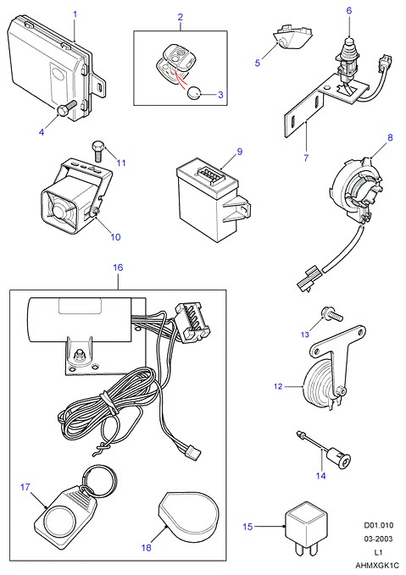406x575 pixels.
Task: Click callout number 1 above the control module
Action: point(75,14)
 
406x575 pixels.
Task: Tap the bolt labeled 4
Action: point(66,108)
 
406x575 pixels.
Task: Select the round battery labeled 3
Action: point(193,94)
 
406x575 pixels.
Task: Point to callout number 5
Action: point(258,63)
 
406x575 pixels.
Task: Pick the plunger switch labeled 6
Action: point(347,58)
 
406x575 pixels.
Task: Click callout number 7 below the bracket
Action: point(306,158)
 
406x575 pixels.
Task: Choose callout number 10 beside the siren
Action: point(115,237)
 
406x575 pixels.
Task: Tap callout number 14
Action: point(321,476)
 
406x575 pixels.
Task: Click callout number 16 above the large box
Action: point(118,268)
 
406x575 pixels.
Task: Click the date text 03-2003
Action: point(378,539)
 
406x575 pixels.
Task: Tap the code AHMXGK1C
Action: point(377,566)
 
